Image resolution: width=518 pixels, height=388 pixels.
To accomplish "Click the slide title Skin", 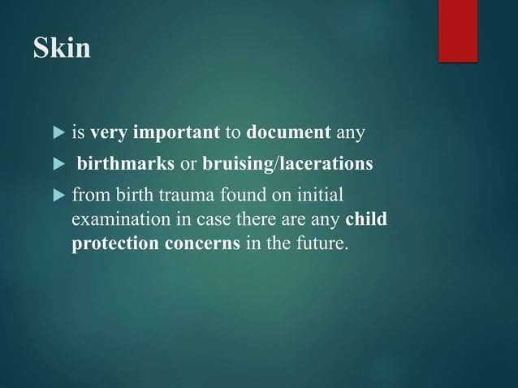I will point(62,50).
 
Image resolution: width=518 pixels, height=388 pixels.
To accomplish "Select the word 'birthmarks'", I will point(126,166).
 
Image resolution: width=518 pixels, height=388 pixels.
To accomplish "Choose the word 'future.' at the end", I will point(322,244).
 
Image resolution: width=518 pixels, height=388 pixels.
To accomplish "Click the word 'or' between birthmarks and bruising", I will point(188,166).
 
